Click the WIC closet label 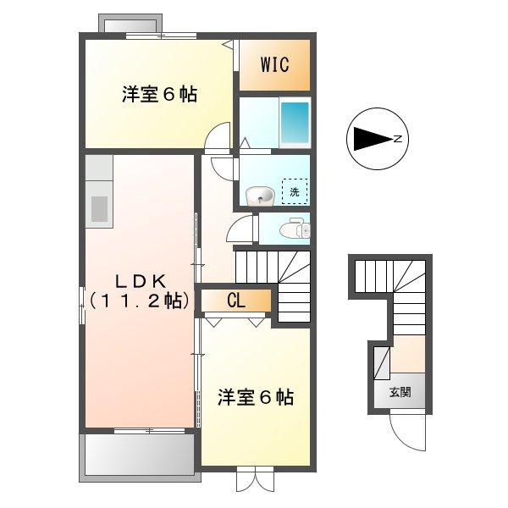pyautogui.click(x=273, y=64)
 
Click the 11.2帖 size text pyautogui.click(x=141, y=300)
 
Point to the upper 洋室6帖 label pyautogui.click(x=158, y=95)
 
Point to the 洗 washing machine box pyautogui.click(x=295, y=192)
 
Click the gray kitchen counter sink pyautogui.click(x=100, y=207)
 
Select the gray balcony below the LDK pyautogui.click(x=141, y=456)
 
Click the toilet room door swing pyautogui.click(x=243, y=229)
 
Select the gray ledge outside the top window pyautogui.click(x=127, y=23)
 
